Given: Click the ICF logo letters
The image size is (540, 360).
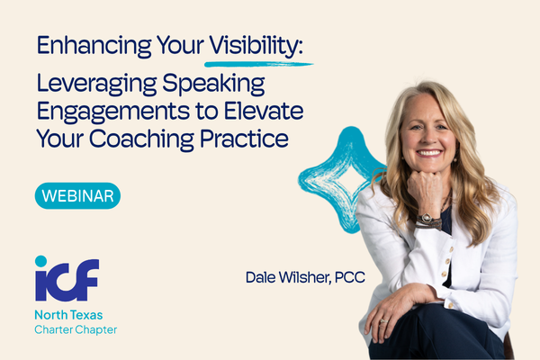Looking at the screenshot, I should click(x=68, y=279).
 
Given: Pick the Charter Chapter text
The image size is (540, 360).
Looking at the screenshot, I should click(x=76, y=330).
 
